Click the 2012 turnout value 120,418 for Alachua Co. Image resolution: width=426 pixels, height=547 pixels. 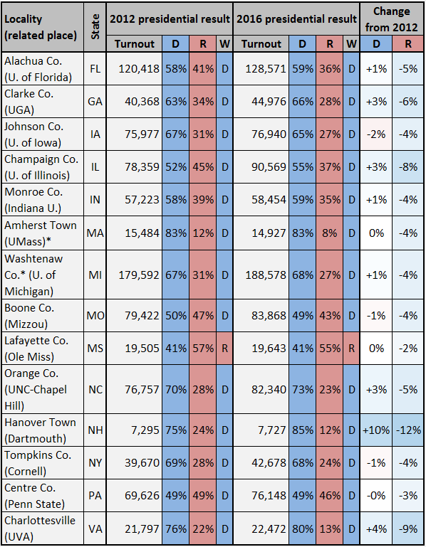click(139, 69)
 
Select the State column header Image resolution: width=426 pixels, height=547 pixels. click(95, 27)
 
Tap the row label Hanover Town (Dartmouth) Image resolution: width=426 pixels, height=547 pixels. click(40, 430)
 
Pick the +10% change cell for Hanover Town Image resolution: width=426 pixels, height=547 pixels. click(376, 430)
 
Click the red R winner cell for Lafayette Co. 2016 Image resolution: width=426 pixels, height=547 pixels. click(352, 348)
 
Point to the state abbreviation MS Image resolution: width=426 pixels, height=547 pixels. click(95, 348)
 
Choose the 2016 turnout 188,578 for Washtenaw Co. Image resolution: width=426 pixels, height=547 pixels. click(266, 275)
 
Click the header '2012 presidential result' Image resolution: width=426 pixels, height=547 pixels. click(170, 18)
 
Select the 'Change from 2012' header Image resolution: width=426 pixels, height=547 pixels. click(391, 19)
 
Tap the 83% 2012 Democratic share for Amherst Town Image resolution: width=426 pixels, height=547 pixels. click(176, 233)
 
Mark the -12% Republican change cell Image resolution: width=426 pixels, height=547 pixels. click(408, 430)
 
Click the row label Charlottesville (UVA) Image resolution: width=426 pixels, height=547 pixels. click(40, 529)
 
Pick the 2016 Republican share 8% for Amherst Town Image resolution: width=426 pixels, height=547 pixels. click(330, 233)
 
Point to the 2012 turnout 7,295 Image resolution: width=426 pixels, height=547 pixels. click(145, 430)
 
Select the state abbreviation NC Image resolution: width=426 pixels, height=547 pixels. click(95, 389)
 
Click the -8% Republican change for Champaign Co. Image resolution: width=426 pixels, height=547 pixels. click(408, 166)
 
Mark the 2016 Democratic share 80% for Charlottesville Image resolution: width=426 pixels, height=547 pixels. click(303, 529)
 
